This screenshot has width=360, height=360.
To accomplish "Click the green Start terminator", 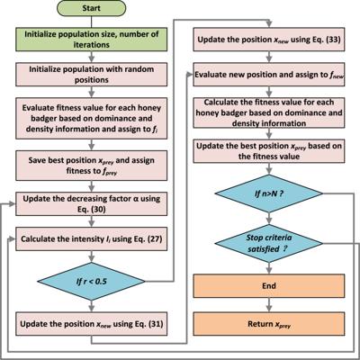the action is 91,8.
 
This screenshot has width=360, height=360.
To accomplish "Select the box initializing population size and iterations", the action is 91,40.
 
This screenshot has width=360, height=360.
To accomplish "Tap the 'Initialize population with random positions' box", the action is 91,75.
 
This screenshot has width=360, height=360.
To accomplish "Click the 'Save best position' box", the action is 91,166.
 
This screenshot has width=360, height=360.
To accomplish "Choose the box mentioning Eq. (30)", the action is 91,203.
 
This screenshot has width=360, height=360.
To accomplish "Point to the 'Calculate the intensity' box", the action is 91,238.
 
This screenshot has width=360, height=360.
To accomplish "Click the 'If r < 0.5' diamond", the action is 91,281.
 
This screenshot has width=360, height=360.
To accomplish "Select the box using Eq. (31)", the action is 91,324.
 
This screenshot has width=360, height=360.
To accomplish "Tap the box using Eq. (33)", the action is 269,40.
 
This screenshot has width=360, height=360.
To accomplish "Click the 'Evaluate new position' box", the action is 269,75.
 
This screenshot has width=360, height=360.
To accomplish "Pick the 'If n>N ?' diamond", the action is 269,193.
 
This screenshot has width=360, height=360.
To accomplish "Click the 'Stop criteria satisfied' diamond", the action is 269,243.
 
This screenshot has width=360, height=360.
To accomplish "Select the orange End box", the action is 269,285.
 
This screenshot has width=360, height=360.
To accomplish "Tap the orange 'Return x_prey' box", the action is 269,324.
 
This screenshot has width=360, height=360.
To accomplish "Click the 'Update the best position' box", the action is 269,151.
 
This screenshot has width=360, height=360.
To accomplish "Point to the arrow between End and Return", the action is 269,305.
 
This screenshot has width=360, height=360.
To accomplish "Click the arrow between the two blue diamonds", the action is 269,219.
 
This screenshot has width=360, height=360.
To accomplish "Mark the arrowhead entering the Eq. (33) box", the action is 269,25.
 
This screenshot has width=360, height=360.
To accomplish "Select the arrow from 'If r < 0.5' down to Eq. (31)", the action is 92,306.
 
